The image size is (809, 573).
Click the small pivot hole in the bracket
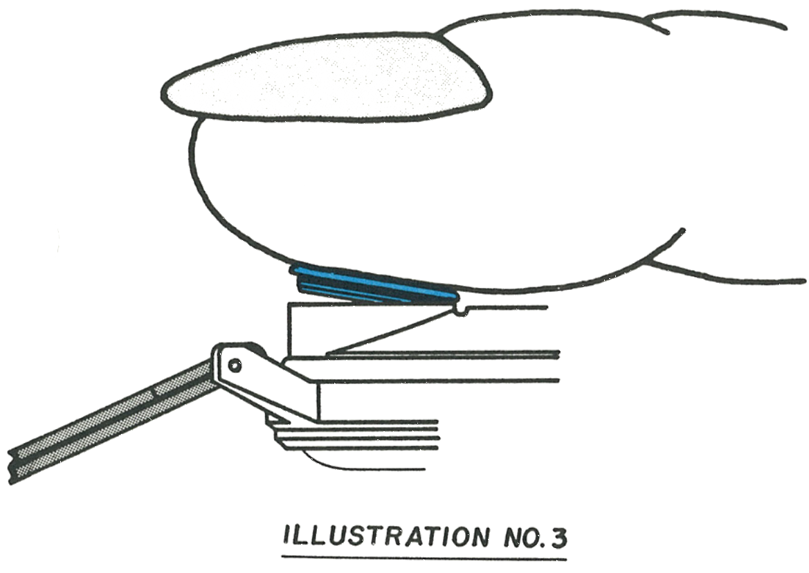pyautogui.click(x=235, y=365)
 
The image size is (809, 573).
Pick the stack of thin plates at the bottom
pyautogui.click(x=356, y=435)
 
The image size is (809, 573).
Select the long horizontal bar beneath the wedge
pyautogui.click(x=423, y=367)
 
